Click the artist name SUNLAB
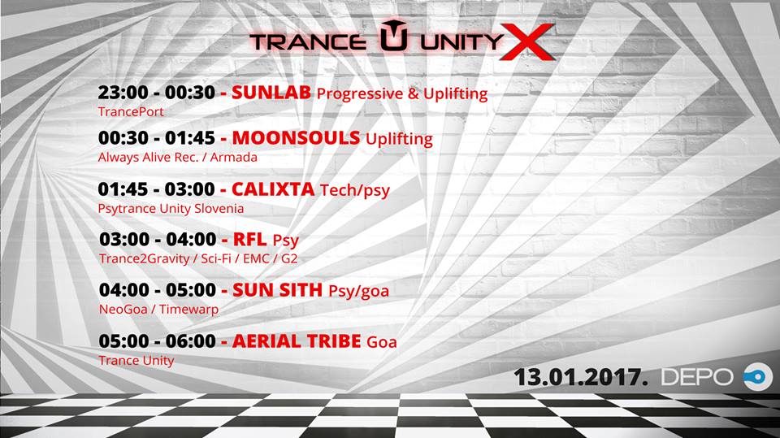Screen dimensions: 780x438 pos(271,93)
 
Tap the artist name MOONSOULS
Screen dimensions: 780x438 pos(296,138)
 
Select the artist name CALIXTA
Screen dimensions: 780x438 pos(273,189)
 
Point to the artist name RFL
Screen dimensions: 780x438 pos(249,240)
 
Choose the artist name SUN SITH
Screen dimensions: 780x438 pos(278,290)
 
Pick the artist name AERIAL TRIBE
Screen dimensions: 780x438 pos(297,341)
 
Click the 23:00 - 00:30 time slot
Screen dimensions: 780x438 pos(156,93)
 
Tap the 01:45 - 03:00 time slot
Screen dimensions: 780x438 pos(156,189)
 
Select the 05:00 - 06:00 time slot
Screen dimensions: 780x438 pos(157,341)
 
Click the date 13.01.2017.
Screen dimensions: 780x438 pos(580,377)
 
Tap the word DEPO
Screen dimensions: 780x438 pos(697,377)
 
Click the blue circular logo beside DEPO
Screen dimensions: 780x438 pos(757,377)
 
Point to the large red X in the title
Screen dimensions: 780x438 pos(526,41)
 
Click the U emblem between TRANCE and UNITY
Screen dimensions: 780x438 pos(394,35)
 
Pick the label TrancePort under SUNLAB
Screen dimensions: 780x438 pos(131,111)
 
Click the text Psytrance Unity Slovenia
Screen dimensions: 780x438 pos(171,209)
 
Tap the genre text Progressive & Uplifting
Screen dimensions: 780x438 pos(402,94)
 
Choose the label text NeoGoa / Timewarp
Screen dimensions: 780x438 pos(158,310)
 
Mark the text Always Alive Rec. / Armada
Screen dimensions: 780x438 pos(178,158)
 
